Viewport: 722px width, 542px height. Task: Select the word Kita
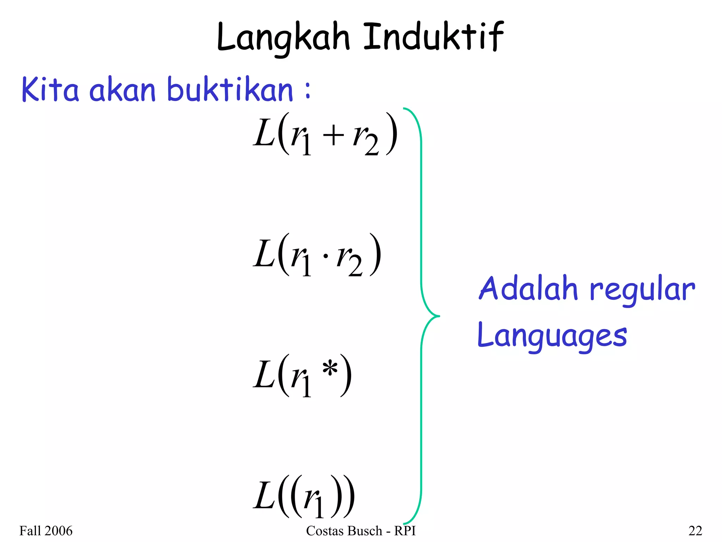(x=50, y=90)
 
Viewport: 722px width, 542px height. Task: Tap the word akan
(x=122, y=90)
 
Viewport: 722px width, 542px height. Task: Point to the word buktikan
(x=230, y=90)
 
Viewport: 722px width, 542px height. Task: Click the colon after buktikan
(x=308, y=90)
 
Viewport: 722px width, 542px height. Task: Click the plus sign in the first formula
(x=333, y=136)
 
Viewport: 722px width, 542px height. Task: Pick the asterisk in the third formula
(x=330, y=369)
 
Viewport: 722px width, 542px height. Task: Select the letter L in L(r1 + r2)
(x=264, y=134)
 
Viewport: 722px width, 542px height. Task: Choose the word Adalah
(x=528, y=289)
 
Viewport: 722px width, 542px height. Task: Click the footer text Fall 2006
(x=46, y=531)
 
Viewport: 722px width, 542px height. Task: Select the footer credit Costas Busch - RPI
(x=361, y=531)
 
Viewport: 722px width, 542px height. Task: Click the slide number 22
(x=695, y=531)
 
